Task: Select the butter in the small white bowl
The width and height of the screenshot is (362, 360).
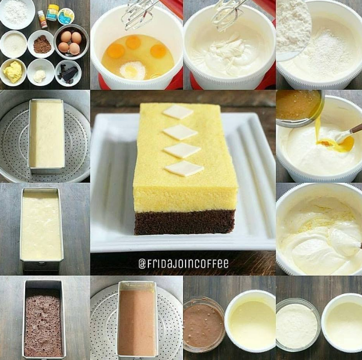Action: tap(13, 72)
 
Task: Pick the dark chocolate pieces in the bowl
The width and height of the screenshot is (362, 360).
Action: tap(68, 73)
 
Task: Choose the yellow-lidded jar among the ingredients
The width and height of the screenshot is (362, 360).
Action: tap(52, 13)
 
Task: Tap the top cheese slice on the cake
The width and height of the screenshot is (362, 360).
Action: tap(178, 112)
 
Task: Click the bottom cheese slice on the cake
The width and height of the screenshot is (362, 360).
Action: tap(184, 168)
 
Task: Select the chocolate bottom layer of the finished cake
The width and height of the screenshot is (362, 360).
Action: tap(184, 222)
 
